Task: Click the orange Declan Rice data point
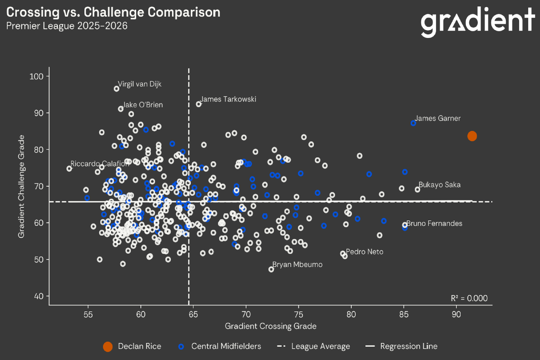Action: (472, 136)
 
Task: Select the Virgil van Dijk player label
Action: (139, 84)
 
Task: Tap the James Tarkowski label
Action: (228, 99)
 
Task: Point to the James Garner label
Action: (438, 118)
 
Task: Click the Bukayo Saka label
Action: (440, 185)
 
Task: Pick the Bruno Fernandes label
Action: (434, 223)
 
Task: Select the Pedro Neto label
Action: (365, 252)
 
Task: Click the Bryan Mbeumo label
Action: (297, 265)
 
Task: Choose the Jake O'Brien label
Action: (142, 105)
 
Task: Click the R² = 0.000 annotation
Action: (469, 298)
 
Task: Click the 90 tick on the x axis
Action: (456, 313)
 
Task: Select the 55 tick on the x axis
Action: (88, 313)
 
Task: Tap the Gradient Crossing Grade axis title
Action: (270, 326)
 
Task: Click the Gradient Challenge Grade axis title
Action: (21, 186)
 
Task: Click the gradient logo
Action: (477, 22)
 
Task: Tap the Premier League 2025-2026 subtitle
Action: (67, 26)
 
